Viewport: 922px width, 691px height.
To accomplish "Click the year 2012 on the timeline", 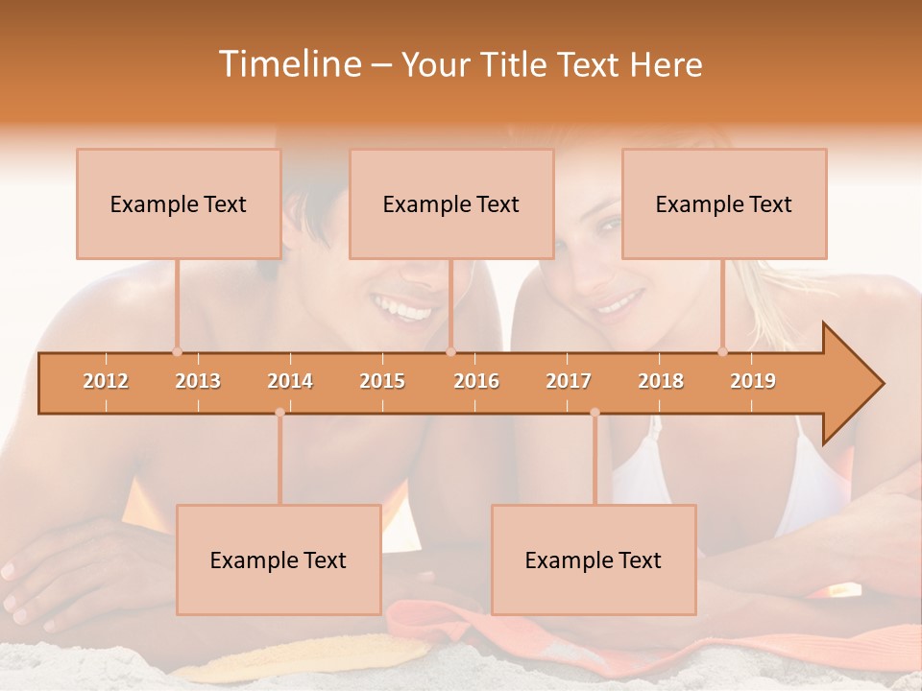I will [x=106, y=381].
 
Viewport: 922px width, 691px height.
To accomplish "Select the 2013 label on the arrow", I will [x=198, y=381].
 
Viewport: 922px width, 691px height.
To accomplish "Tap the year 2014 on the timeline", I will [x=290, y=381].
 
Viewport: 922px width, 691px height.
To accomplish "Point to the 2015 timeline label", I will [x=382, y=381].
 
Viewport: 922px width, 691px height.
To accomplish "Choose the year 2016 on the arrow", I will [x=476, y=381].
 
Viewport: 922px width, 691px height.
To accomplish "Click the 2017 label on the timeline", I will [x=569, y=381].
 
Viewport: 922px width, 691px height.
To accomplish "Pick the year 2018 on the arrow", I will [x=661, y=381].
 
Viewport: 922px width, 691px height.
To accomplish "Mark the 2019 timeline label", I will [x=753, y=381].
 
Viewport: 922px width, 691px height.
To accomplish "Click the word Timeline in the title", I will [x=287, y=64].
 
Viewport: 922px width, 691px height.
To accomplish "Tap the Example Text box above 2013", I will [x=179, y=203].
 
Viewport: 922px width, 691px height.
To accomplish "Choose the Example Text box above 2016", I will [x=451, y=203].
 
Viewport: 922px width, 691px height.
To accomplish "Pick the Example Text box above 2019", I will [x=724, y=203].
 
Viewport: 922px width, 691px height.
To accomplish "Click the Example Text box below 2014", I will [x=279, y=560].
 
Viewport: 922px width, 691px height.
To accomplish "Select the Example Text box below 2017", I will [x=594, y=560].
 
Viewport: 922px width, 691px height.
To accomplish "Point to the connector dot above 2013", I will [x=177, y=351].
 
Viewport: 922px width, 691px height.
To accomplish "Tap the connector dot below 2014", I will [x=279, y=413].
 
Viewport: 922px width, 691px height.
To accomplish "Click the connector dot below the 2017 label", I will [x=594, y=413].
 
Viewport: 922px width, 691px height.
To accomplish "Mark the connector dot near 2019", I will [x=723, y=351].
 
